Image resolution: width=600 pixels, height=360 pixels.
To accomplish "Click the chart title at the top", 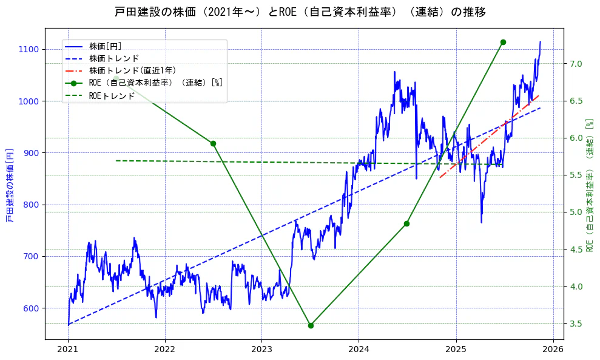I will pos(300,12).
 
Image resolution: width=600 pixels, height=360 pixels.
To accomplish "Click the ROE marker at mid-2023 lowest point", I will pos(311,325).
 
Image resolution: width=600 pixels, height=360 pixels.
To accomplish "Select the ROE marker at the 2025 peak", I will pos(503,42).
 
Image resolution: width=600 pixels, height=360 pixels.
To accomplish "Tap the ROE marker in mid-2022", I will pos(213,143).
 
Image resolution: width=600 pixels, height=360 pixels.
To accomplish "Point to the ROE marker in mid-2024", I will pos(406,223).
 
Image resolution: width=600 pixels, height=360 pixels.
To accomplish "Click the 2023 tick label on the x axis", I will pos(261,350).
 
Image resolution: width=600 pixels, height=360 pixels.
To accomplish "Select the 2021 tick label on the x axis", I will pos(68,350).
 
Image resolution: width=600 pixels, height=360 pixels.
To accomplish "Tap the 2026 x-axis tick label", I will pos(553,350).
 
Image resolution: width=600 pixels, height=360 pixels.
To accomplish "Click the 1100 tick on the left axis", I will pos(29,49).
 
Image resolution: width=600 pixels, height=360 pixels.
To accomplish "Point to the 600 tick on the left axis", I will pos(31,308).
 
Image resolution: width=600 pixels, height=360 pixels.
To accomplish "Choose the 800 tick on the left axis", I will pos(31,205).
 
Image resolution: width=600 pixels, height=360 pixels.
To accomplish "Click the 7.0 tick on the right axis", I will pos(576,64).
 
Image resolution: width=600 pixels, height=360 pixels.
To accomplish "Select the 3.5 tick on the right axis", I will pos(576,324).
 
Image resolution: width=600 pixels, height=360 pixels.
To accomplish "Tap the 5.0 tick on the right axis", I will pos(576,212).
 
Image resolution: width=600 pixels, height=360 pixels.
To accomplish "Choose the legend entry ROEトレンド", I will pos(112,96).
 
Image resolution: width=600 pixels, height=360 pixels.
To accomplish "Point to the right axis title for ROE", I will pos(589,185).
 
